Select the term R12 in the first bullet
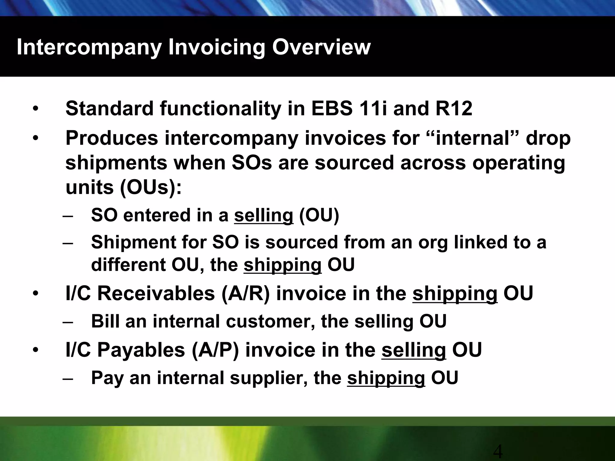click(x=454, y=108)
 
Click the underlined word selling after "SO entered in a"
click(x=263, y=215)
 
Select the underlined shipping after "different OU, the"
click(x=282, y=265)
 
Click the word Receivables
click(x=156, y=294)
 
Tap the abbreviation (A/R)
click(x=245, y=294)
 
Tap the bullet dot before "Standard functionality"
click(x=36, y=109)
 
